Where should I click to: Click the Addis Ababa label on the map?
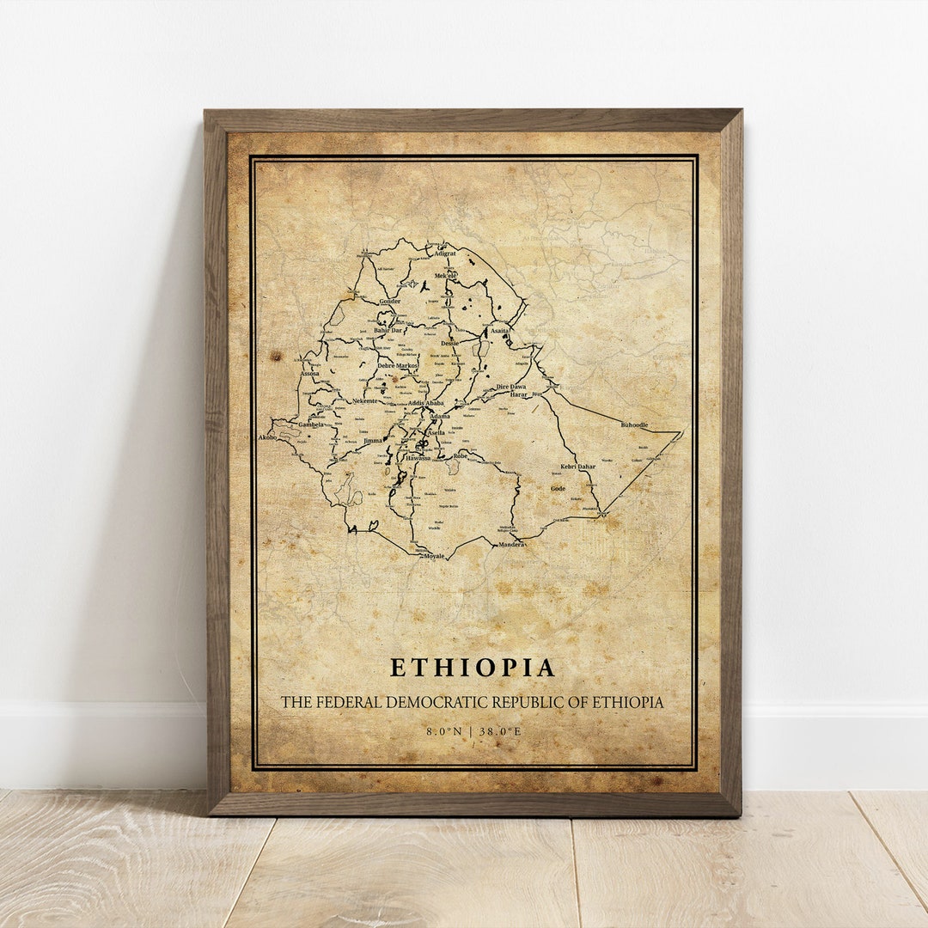click(426, 403)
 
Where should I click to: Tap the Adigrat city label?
click(445, 254)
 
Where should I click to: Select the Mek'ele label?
click(446, 275)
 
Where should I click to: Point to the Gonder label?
click(389, 302)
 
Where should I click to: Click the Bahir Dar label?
click(388, 330)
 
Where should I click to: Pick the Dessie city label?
click(450, 343)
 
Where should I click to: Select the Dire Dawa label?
click(511, 387)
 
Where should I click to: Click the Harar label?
click(519, 394)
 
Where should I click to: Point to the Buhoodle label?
click(635, 425)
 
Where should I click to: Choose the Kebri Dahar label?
click(577, 467)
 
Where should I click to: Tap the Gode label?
click(559, 488)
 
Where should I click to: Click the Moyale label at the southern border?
click(434, 556)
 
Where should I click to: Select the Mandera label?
click(511, 545)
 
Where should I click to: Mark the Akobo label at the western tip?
click(267, 437)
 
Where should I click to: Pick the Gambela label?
click(311, 424)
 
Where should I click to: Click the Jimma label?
click(373, 441)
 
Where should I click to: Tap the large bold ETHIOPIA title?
click(473, 668)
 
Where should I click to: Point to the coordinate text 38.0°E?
click(499, 731)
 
